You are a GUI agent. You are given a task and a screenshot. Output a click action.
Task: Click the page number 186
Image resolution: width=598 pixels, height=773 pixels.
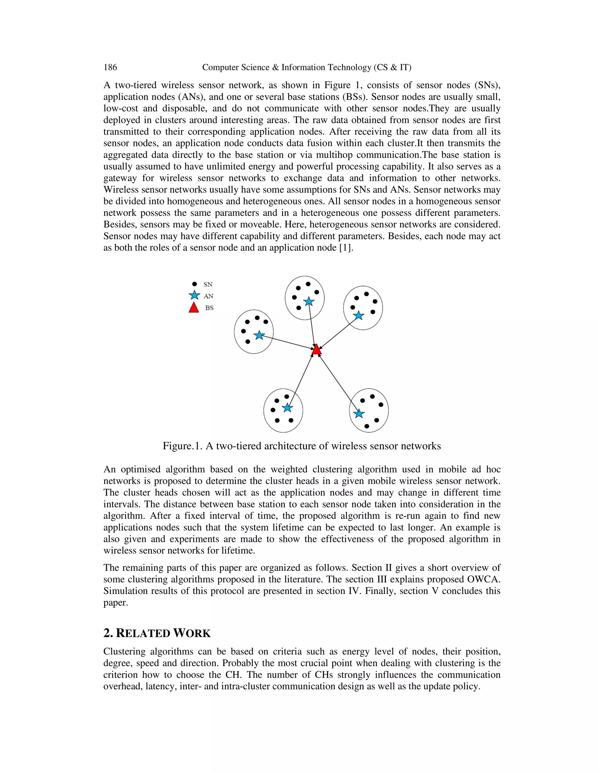[x=110, y=67]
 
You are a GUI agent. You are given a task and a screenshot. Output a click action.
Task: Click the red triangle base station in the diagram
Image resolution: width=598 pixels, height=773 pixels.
[x=316, y=350]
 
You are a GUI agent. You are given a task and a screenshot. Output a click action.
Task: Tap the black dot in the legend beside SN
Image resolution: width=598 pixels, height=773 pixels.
[x=194, y=284]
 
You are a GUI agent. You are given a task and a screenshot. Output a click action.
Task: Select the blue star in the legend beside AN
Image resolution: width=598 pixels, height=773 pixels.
[x=194, y=295]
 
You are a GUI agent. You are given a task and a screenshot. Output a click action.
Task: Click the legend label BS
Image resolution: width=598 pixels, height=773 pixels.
[x=209, y=308]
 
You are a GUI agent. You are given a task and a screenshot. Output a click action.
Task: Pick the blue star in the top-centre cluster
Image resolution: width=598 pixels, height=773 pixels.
[x=309, y=302]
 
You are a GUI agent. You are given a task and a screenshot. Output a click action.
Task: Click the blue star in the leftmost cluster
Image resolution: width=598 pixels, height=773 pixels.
[x=259, y=335]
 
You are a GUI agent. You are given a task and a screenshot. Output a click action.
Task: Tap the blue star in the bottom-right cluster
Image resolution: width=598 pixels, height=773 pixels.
[x=359, y=413]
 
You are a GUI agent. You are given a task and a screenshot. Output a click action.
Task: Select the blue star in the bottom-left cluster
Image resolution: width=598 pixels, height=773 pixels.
[x=287, y=408]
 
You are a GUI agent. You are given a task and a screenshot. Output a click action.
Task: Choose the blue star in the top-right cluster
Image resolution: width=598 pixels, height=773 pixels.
[x=359, y=315]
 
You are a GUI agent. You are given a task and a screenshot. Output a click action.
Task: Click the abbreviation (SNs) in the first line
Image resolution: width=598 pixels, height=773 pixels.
[x=487, y=85]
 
